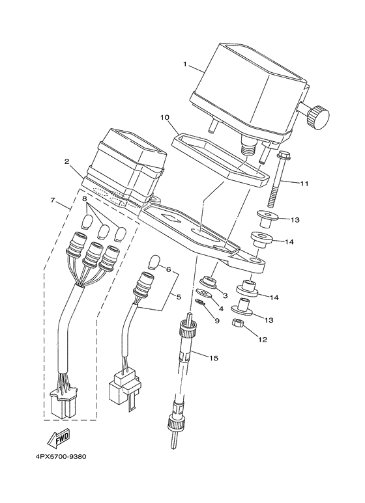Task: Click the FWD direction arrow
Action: [x=58, y=439]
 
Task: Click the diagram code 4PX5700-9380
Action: [x=61, y=457]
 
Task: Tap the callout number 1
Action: [x=184, y=64]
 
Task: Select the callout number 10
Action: [x=164, y=117]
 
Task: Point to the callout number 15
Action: [x=214, y=358]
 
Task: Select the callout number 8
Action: [x=85, y=199]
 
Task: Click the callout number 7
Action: [x=53, y=200]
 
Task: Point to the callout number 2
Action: [x=67, y=161]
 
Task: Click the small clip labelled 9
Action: [x=200, y=302]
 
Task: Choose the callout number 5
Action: [x=179, y=297]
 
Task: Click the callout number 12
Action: [x=263, y=340]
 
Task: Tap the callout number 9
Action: [x=217, y=320]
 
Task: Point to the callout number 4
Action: [x=221, y=308]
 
